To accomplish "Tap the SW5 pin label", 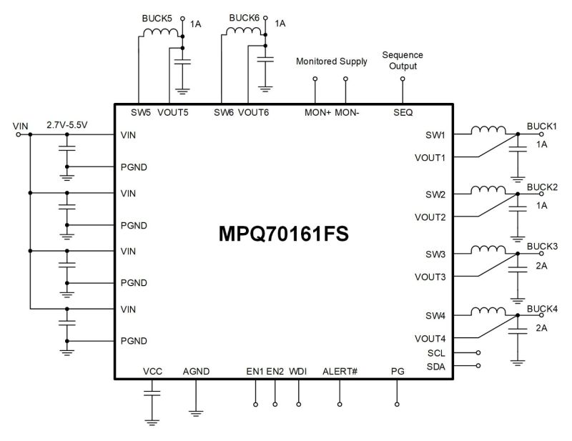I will point(141,112).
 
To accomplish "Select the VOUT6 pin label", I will point(253,112).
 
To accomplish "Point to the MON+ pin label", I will point(316,112).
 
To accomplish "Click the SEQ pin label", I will point(403,112).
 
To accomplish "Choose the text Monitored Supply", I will point(332,61).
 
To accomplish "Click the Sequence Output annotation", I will point(403,60).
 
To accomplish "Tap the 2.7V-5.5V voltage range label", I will point(66,124).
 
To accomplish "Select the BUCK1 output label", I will point(541,126).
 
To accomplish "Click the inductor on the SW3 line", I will point(487,250).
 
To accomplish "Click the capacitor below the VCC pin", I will point(152,392).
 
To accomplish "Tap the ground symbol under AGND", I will point(195,412).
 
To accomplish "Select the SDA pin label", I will point(436,366).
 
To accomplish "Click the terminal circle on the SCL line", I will point(478,352).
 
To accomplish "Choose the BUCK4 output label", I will point(541,309).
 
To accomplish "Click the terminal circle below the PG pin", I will point(398,405).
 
